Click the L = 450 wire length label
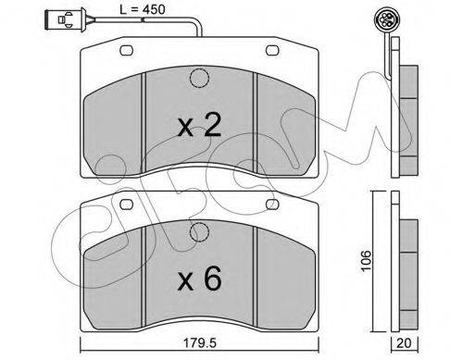143,9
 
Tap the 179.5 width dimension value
200,342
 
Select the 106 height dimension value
367,261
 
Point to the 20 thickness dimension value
405,343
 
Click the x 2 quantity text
199,125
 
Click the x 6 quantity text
199,279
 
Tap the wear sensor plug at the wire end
66,20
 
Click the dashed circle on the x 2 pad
199,79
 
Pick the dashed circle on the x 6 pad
199,232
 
